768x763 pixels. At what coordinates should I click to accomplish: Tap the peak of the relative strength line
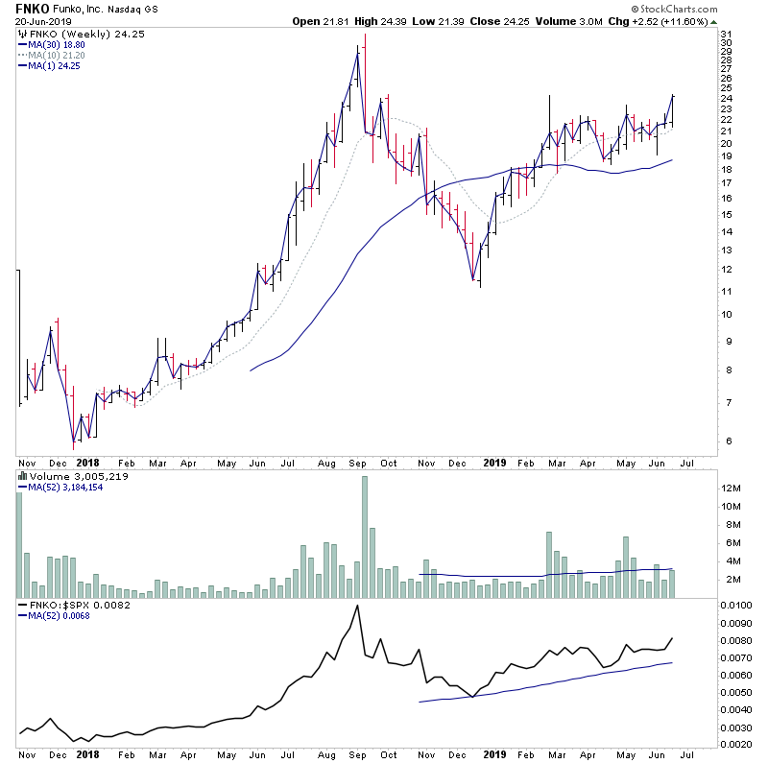coord(357,606)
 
